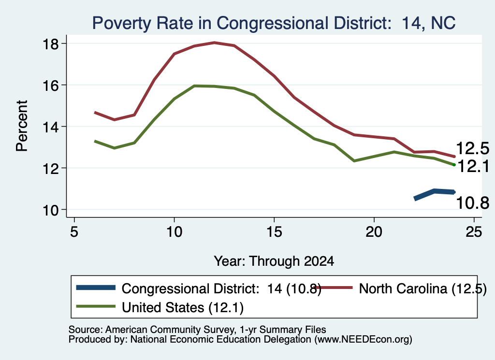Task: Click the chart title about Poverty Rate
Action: coord(274,23)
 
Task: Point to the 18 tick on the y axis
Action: coord(50,44)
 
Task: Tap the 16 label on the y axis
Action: coord(50,86)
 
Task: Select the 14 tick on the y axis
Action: coord(50,127)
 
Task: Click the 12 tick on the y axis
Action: coord(50,169)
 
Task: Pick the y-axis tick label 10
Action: coord(50,210)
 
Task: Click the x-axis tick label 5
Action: coord(74,232)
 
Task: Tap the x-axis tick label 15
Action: coord(274,232)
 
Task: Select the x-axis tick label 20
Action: coord(374,232)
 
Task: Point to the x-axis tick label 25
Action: coord(474,232)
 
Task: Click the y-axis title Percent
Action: coord(22,126)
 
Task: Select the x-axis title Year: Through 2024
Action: coord(274,261)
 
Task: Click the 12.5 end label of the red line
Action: coord(473,148)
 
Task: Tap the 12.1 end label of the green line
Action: coord(473,166)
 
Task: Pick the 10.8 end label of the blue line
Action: coord(473,202)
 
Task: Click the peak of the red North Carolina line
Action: coord(214,42)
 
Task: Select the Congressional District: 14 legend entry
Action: coord(199,288)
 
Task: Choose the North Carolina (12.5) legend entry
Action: coord(401,288)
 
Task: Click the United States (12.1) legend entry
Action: coord(160,307)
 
